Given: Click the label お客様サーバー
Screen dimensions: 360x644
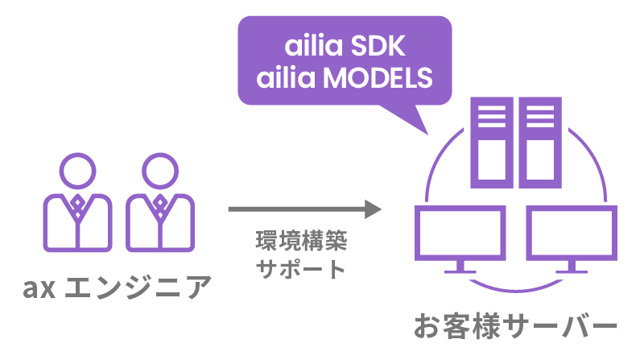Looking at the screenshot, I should [x=515, y=326].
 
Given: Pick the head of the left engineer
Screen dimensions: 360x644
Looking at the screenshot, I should [x=78, y=171].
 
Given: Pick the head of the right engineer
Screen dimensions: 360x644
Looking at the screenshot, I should [x=159, y=171].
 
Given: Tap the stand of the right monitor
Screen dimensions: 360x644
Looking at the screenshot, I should [x=571, y=267].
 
